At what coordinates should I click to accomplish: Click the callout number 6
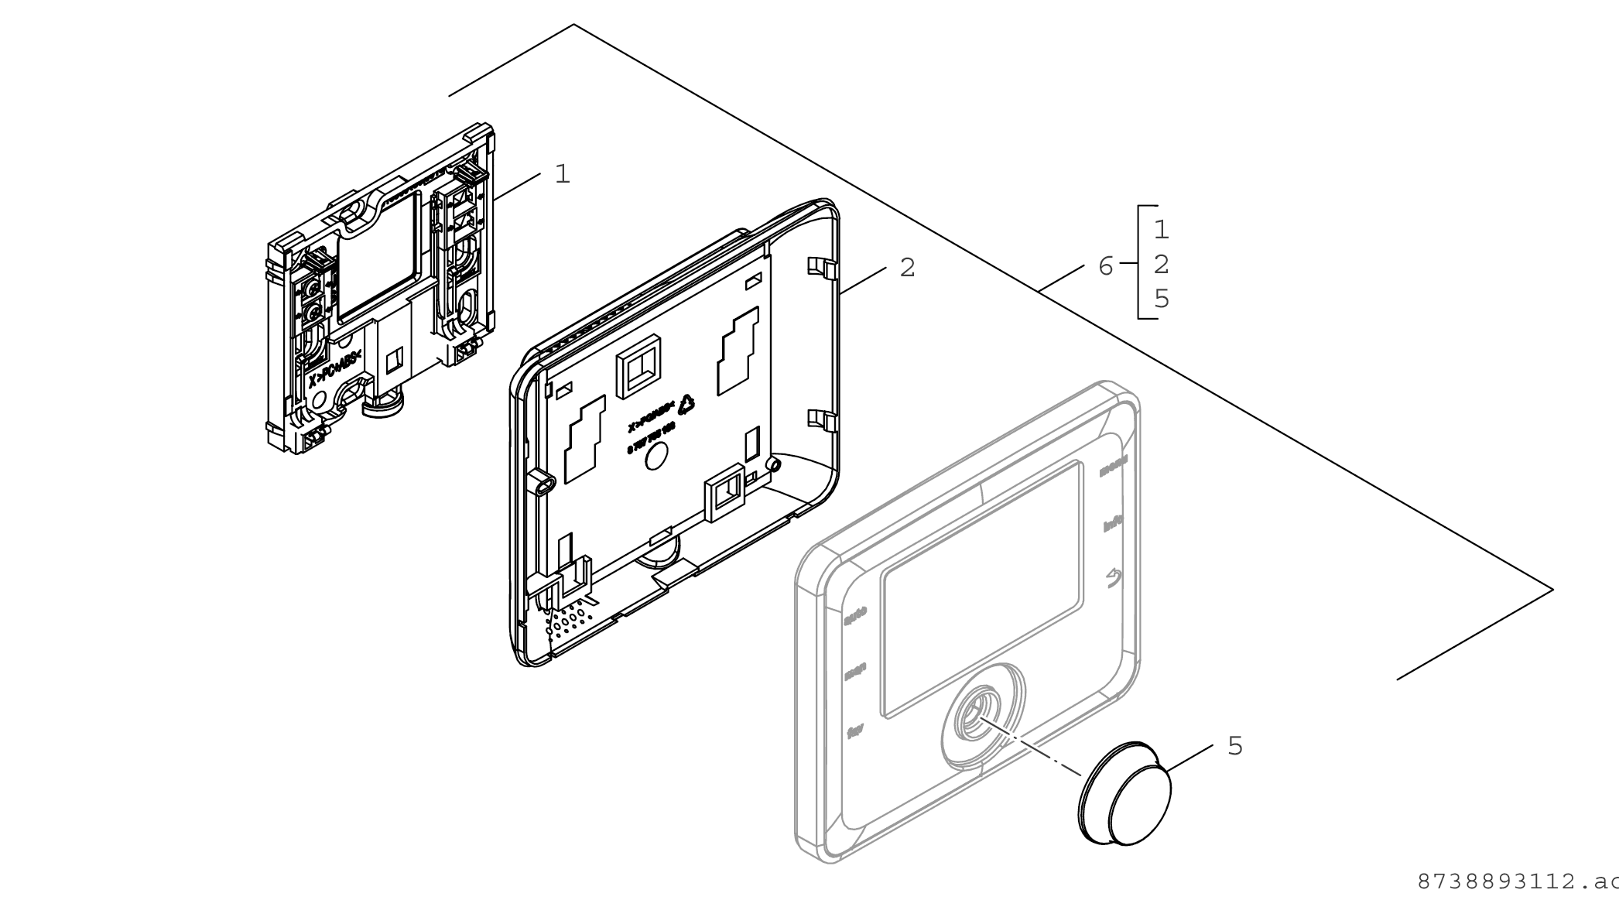(1105, 266)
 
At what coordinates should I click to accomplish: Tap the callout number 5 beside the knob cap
(1235, 746)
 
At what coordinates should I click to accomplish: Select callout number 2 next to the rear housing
(907, 268)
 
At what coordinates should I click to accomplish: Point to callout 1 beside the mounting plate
(563, 174)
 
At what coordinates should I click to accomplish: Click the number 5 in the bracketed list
(1161, 299)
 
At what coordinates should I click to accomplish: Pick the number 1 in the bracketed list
(1161, 230)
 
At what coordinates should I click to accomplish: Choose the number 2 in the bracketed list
(1161, 265)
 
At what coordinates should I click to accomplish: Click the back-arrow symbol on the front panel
(1113, 578)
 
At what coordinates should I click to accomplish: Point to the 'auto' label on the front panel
(854, 614)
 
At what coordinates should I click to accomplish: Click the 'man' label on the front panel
(854, 671)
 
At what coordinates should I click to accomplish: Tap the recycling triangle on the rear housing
(686, 405)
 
